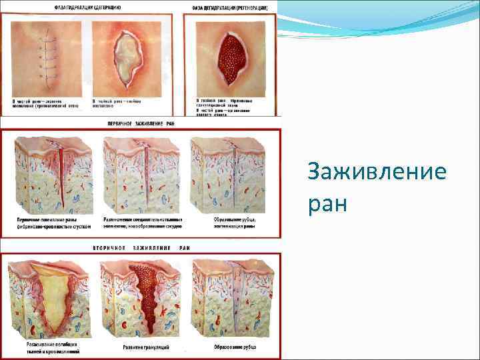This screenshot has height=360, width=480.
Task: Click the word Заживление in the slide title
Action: pos(377,173)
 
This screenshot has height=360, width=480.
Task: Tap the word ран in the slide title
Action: pos(327,202)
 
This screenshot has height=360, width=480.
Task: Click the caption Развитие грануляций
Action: pos(145,347)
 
